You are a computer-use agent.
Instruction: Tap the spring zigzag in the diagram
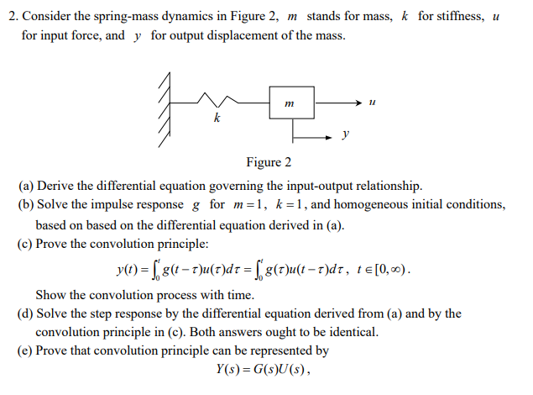tap(217, 103)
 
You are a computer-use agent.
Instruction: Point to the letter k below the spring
tap(217, 120)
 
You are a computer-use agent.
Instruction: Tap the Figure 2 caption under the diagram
tap(269, 162)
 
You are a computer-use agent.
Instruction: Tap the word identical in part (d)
tap(353, 332)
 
